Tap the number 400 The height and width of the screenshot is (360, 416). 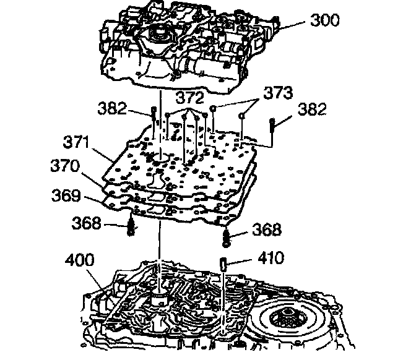tap(79, 261)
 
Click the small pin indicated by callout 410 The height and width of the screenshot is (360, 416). tap(222, 264)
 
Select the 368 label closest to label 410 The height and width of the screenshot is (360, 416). tap(266, 230)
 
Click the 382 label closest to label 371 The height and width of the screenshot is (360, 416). tap(112, 108)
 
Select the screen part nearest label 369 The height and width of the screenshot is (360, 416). tap(131, 226)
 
